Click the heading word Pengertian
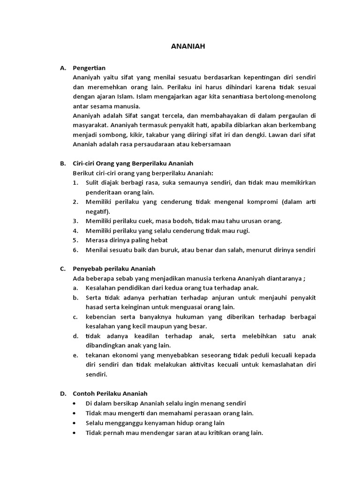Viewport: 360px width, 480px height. coord(89,68)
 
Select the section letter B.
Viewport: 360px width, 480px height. coord(63,164)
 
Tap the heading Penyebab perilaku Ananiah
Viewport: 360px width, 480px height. coord(114,269)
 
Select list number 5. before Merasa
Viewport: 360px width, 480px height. coord(75,240)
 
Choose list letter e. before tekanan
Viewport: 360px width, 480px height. coord(75,355)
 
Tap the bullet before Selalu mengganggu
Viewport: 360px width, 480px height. coord(75,422)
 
